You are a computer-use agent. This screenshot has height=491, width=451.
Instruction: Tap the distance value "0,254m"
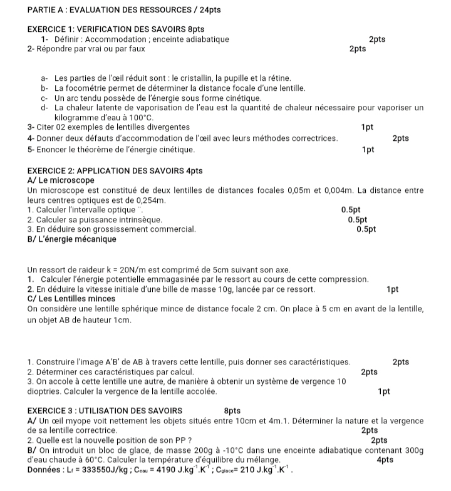pos(148,200)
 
